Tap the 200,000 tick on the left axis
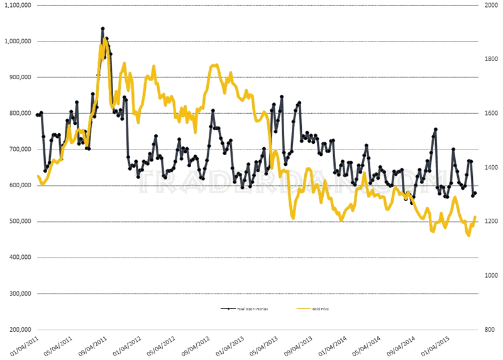pos(18,330)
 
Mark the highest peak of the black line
pos(102,28)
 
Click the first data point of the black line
pos(37,115)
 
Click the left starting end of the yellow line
pos(38,176)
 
